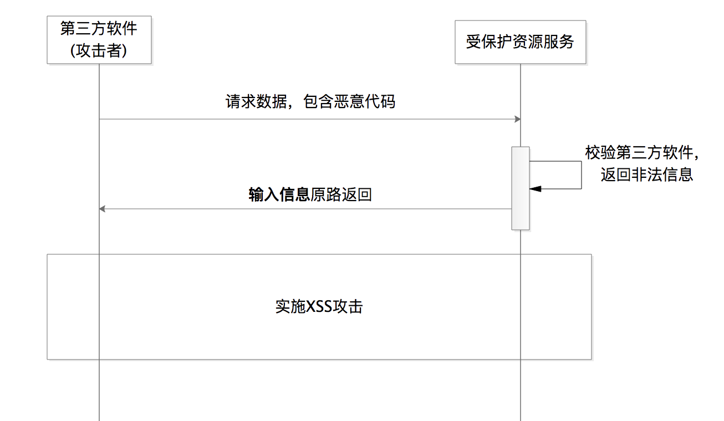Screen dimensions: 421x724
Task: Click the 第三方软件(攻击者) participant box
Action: pos(99,39)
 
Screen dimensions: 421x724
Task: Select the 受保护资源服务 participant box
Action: pos(520,42)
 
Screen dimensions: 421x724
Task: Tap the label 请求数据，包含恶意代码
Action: pos(310,102)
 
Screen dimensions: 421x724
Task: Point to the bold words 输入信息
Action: pos(279,194)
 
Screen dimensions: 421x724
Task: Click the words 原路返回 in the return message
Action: pos(340,194)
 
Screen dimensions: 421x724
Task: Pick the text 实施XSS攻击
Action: pos(319,306)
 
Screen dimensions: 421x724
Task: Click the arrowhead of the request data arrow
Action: pos(518,119)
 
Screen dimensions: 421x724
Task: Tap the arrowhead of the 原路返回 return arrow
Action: pos(102,209)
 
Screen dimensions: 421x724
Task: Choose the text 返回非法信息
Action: pos(646,174)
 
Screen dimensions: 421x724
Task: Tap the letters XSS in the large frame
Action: pos(319,306)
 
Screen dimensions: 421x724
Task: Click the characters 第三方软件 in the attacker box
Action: pos(99,29)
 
